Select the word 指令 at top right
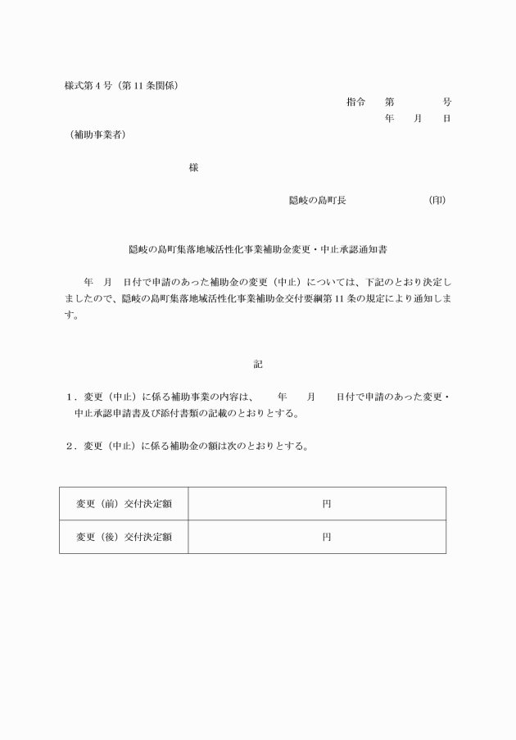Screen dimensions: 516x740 (355, 102)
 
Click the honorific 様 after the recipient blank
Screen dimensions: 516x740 (193, 167)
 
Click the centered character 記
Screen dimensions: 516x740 (258, 364)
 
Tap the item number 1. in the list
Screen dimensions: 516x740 (72, 397)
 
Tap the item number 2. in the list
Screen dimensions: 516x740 (72, 447)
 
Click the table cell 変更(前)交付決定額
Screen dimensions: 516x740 (124, 503)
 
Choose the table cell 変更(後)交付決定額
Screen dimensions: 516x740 (124, 537)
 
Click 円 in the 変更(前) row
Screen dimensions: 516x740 (326, 503)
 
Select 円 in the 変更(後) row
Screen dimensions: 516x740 (326, 537)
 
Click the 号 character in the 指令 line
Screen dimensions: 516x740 (446, 102)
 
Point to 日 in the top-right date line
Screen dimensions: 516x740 (446, 119)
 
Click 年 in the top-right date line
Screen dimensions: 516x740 (389, 119)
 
